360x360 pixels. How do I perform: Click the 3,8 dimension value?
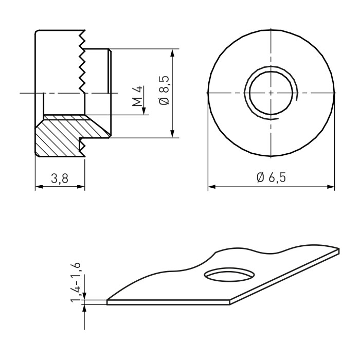(60, 178)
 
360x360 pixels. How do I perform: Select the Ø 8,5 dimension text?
(164, 90)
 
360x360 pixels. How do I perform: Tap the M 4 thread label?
(137, 96)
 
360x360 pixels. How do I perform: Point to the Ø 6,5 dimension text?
(271, 177)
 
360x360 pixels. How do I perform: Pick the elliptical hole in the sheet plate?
(229, 274)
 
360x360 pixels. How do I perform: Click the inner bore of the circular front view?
(271, 93)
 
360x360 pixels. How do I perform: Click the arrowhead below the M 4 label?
(144, 111)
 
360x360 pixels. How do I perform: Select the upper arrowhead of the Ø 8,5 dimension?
(173, 53)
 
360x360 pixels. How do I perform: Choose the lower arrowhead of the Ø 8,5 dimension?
(173, 133)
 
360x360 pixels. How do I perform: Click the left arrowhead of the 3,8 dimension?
(40, 187)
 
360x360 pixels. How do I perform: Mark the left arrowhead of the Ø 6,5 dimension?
(212, 187)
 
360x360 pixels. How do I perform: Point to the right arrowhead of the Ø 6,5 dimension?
(330, 187)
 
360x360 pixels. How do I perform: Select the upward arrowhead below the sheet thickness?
(84, 309)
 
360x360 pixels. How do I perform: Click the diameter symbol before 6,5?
(260, 177)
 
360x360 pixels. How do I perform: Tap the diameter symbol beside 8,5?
(165, 101)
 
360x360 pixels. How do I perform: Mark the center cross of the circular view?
(271, 93)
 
